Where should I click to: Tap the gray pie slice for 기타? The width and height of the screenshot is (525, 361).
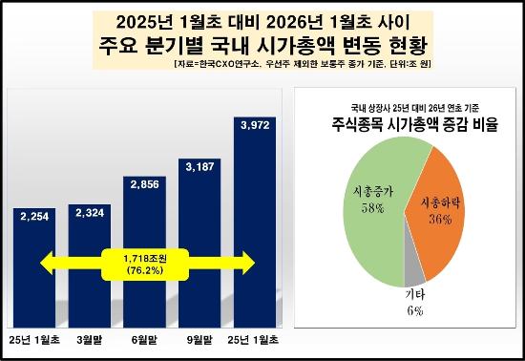[x=412, y=268]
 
